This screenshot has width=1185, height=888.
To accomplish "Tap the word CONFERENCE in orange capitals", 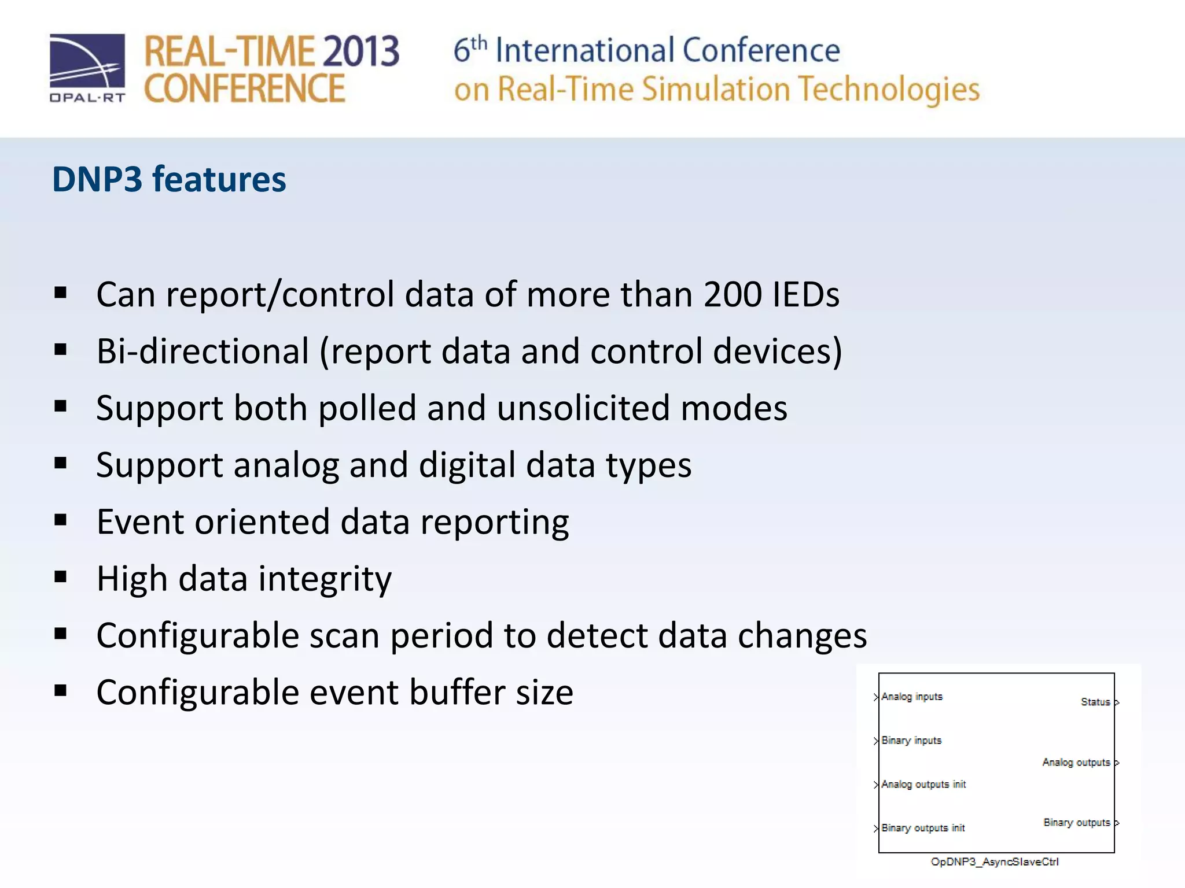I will pos(244,89).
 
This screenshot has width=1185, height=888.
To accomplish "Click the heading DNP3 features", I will pos(169,179).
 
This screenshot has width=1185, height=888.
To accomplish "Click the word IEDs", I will pos(806,294).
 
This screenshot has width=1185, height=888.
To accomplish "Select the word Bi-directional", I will pos(203,351).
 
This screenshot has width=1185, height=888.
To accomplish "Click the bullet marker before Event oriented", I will pos(61,520).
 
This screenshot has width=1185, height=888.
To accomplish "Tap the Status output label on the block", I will pos(1095,702).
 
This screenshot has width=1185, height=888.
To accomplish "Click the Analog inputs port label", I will pos(912,697).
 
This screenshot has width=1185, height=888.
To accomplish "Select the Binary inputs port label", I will pos(911,741).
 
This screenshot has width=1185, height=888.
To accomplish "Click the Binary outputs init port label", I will pos(923,828).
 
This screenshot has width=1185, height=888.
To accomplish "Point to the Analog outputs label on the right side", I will pos(1076,763).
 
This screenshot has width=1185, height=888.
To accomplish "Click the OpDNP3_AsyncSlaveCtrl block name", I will pos(995,862).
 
